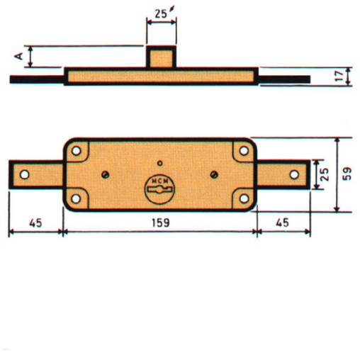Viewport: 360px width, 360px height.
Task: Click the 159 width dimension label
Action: click(x=159, y=223)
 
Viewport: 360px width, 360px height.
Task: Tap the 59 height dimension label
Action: click(x=347, y=174)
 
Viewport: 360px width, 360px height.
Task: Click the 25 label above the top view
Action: click(x=161, y=13)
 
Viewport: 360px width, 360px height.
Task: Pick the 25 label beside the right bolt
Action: click(x=324, y=174)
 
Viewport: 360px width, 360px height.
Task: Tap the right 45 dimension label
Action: click(x=282, y=223)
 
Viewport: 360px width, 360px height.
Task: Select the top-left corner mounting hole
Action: click(x=77, y=150)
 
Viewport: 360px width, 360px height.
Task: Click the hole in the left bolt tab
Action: click(x=23, y=174)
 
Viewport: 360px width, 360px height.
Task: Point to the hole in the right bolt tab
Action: click(x=294, y=174)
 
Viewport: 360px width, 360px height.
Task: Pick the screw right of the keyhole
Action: click(x=214, y=174)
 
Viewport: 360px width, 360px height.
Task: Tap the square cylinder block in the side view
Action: click(x=161, y=56)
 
